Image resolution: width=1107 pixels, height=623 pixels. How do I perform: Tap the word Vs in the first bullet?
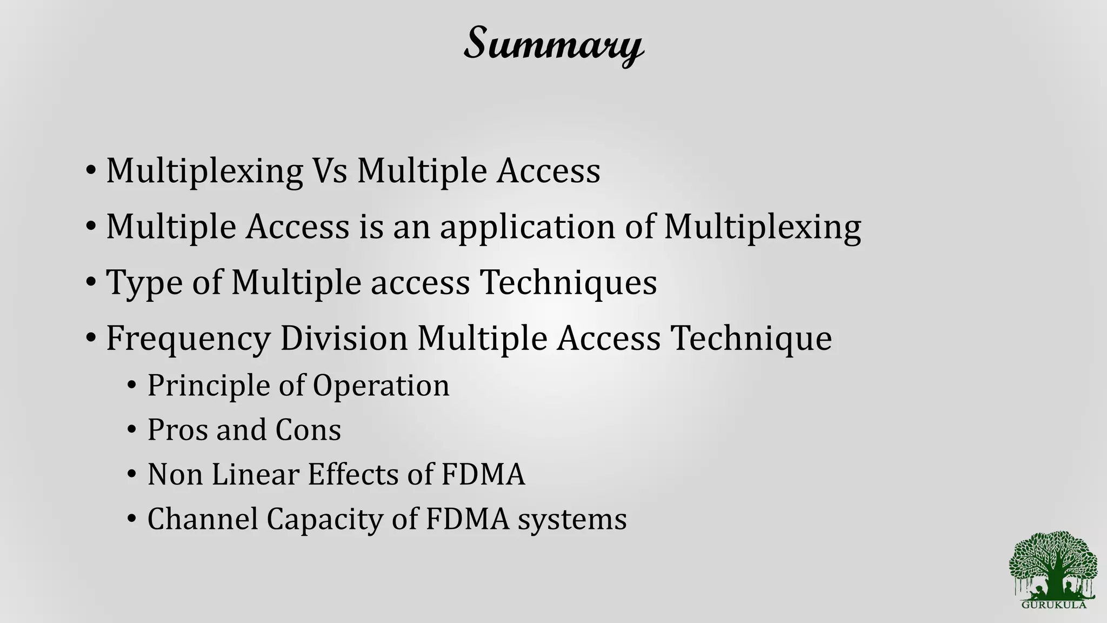point(329,171)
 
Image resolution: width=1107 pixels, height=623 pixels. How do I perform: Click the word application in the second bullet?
point(527,227)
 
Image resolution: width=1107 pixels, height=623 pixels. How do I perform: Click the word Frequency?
point(188,339)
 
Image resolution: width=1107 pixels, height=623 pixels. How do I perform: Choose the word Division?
point(344,339)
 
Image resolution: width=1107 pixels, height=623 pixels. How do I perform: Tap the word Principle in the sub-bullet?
point(208,386)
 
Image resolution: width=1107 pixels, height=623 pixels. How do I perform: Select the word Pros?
point(178,430)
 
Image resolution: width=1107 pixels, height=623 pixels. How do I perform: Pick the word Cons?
point(308,430)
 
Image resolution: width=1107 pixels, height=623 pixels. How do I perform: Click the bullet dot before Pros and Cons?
point(131,430)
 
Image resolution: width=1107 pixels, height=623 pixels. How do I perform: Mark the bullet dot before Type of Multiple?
point(91,283)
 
